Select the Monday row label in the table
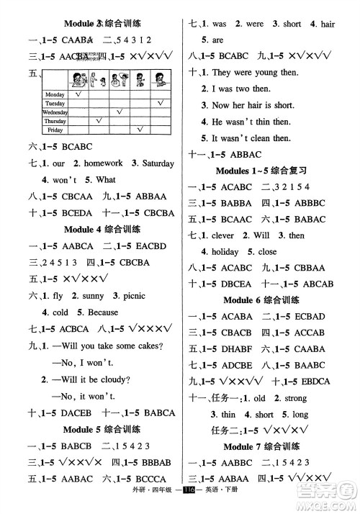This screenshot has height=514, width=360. (x=55, y=94)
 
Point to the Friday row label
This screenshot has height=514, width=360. (x=55, y=130)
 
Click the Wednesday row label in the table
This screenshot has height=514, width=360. (x=55, y=112)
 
